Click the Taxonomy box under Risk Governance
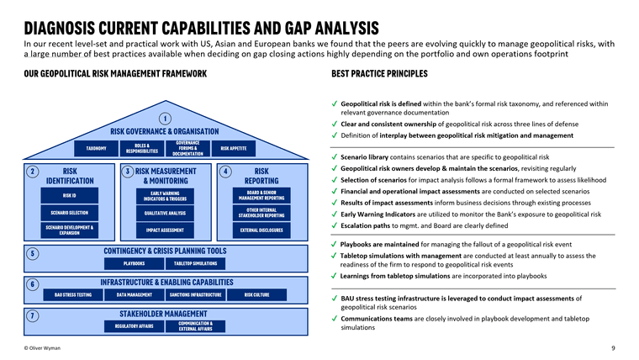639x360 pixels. coord(97,148)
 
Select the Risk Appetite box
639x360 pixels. coord(233,148)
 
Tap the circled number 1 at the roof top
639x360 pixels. coord(166,118)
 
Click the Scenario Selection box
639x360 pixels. coord(69,213)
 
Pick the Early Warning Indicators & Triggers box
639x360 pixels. coord(165,196)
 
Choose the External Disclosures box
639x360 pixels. coord(261,230)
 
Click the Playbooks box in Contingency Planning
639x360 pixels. coord(135,263)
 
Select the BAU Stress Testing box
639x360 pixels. coord(73,295)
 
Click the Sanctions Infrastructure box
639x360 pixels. coord(195,295)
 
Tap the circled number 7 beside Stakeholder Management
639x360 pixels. coord(31,316)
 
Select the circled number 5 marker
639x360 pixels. coord(31,253)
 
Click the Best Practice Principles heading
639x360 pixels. coord(379,74)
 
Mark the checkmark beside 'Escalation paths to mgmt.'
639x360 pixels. coord(335,226)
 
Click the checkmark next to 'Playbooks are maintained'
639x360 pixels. coord(335,244)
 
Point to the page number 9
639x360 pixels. coord(613,348)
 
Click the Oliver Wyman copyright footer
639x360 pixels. coord(45,348)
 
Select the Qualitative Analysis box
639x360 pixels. coord(165,213)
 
